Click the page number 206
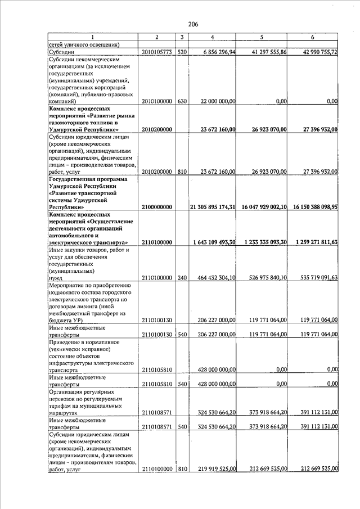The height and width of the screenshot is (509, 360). pos(193,24)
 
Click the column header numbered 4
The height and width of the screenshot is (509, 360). pos(212,37)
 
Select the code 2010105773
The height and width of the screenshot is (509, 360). pos(157,52)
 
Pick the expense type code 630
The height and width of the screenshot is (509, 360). pos(182,101)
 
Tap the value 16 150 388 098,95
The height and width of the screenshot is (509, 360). pos(314,207)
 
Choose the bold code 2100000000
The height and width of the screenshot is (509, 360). pos(157,207)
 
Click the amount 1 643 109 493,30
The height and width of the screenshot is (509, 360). pos(213,242)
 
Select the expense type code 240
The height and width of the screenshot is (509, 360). pos(182,278)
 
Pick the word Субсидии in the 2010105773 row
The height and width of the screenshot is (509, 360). pos(62,52)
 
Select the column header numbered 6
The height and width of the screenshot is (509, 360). pos(312,37)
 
